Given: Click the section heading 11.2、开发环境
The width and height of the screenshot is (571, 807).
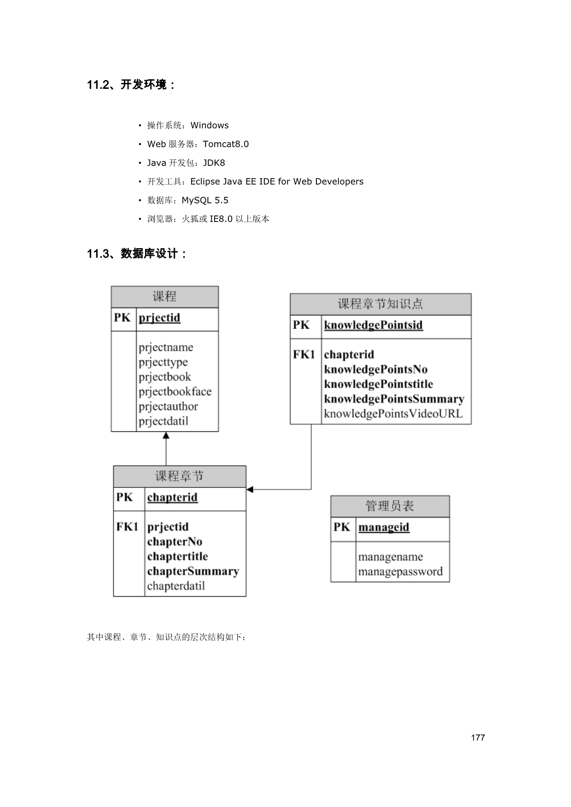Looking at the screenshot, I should coord(131,85).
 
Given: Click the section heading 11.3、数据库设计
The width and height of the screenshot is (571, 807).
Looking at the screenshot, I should coord(137,254).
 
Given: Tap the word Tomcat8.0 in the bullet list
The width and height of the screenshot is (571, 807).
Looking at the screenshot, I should coord(226,144).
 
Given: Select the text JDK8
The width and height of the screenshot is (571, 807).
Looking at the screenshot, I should coord(214,163).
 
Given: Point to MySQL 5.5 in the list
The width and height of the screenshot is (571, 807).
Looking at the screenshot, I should coord(205,200).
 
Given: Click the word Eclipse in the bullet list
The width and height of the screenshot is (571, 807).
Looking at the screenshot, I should coord(205,181).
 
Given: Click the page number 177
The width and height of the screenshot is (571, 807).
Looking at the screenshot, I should coord(478,737).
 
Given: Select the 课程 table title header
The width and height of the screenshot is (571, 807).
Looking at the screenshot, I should coord(164,296).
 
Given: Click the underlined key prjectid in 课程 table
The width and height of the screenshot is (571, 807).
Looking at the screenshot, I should coord(159,318).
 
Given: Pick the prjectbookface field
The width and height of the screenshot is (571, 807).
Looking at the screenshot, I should coord(175,392).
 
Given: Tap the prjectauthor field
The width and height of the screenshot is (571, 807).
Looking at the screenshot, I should coord(168,406).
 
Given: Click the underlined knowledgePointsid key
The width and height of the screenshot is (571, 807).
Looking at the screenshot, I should coord(373,325).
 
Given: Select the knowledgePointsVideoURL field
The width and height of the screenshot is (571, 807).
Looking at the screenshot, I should coord(393,413).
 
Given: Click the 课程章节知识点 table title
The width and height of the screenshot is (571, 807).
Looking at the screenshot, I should coord(380,304).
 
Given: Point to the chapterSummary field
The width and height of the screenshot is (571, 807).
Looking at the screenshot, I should coord(193,571).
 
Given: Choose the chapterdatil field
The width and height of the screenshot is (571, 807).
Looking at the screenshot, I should coord(176,586).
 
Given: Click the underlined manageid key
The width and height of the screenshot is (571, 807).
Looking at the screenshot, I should coord(384,527).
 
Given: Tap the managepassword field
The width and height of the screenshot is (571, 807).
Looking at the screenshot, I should coord(400,572).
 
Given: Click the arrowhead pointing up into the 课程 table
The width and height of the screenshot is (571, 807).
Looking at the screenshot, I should coord(166,435).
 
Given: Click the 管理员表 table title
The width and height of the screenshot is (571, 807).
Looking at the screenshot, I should coord(390,506).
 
